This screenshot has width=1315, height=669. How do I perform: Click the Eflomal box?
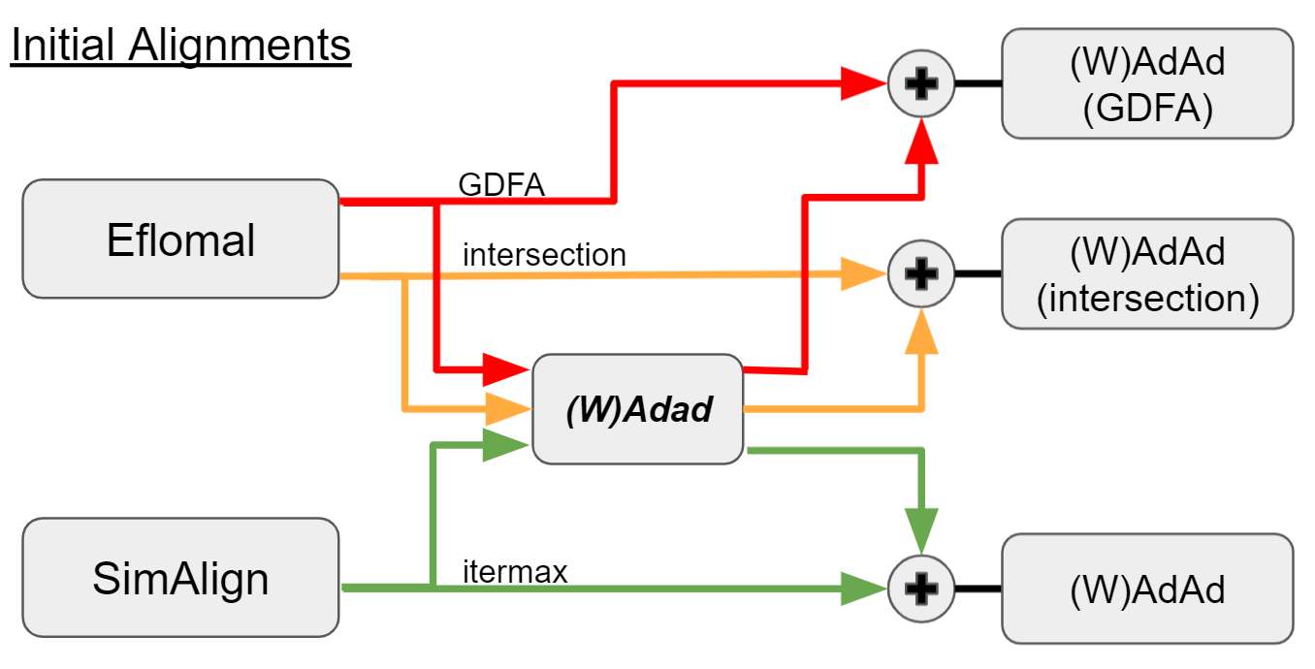click(180, 239)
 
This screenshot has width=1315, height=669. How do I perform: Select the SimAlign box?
click(180, 578)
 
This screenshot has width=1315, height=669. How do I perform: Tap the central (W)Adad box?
click(638, 409)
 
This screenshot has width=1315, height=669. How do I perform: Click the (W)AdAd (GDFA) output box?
click(1147, 83)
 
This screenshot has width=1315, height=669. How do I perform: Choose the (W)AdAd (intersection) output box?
click(1147, 273)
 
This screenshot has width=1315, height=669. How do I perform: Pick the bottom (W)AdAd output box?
click(1147, 589)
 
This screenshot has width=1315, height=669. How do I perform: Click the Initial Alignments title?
click(180, 47)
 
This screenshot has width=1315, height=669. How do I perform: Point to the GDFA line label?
click(500, 185)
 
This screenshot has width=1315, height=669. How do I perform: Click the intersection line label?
click(544, 255)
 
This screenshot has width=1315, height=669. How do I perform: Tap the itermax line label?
click(514, 572)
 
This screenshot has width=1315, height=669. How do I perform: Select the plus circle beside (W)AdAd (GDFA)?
click(921, 83)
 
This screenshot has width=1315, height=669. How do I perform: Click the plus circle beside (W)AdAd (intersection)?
click(921, 273)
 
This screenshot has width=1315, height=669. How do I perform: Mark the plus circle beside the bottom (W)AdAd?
click(921, 589)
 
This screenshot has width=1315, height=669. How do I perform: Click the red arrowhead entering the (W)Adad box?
click(505, 369)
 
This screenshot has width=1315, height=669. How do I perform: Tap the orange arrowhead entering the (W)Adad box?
click(505, 409)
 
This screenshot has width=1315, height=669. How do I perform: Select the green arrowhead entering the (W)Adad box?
click(505, 446)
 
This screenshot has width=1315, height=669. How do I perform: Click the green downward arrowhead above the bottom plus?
click(923, 531)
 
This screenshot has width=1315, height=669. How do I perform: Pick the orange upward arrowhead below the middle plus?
click(923, 334)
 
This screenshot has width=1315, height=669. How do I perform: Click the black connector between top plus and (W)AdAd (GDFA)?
click(978, 83)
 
